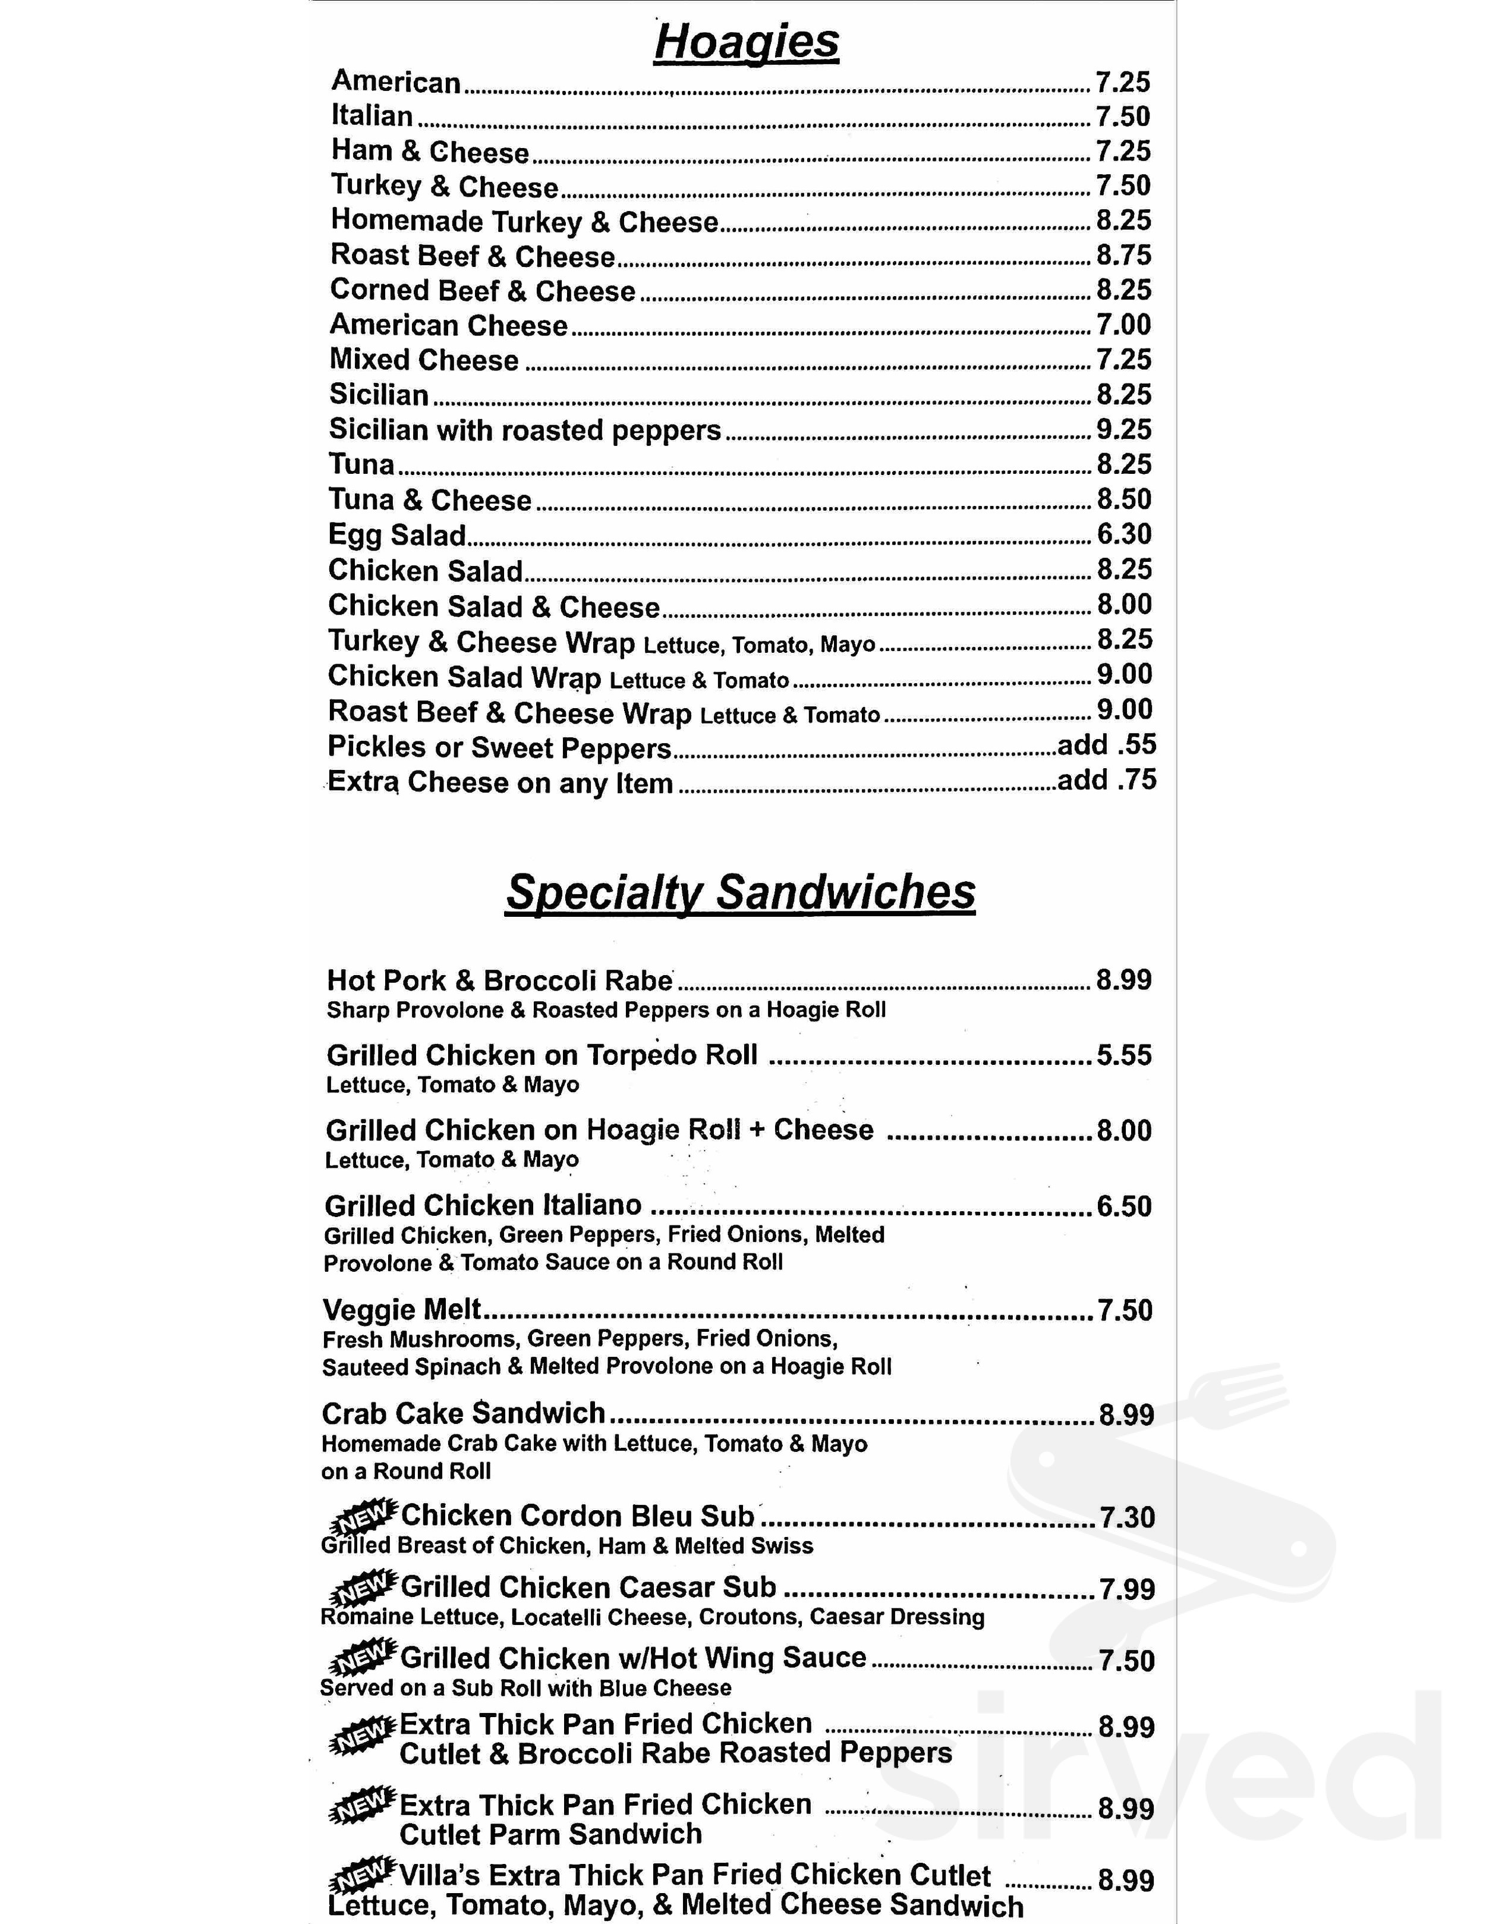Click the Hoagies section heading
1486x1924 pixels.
coord(746,42)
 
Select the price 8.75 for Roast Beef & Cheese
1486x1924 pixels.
coord(1123,256)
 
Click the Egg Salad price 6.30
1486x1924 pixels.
coord(1124,534)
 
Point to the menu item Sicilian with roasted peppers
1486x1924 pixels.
coord(525,430)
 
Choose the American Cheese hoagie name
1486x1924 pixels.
coord(448,325)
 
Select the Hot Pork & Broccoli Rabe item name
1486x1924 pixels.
coord(499,980)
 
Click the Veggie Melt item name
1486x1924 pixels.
coord(402,1310)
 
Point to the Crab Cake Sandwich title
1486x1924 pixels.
coord(463,1414)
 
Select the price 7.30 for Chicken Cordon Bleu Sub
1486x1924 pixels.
coord(1126,1517)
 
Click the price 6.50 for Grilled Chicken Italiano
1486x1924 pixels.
coord(1124,1206)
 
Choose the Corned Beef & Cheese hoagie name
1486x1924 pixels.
coord(482,291)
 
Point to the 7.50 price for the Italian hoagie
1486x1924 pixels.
coord(1123,117)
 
